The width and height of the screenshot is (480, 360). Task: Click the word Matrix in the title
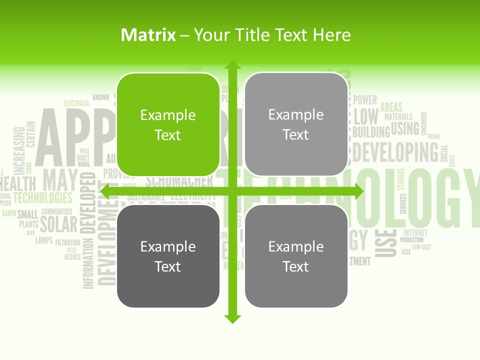pyautogui.click(x=148, y=35)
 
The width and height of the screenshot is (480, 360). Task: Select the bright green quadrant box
pyautogui.click(x=168, y=124)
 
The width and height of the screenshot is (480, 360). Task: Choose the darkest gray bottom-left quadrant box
pyautogui.click(x=168, y=256)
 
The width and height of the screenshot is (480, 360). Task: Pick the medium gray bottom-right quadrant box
pyautogui.click(x=296, y=256)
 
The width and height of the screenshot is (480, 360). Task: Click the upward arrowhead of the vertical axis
pyautogui.click(x=232, y=66)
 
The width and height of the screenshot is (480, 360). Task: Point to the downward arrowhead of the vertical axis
pyautogui.click(x=232, y=318)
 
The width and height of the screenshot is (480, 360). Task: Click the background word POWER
pyautogui.click(x=365, y=100)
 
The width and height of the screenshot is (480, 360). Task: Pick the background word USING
pyautogui.click(x=405, y=129)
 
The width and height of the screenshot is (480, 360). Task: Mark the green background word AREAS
pyautogui.click(x=391, y=106)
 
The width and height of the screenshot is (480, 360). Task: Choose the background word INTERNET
pyautogui.click(x=415, y=232)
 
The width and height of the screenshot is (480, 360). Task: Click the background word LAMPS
pyautogui.click(x=44, y=240)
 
